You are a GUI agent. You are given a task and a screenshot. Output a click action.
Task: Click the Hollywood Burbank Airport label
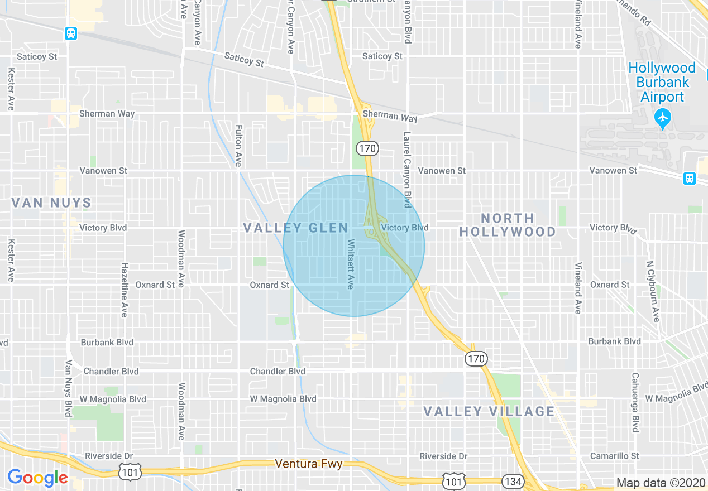click(x=662, y=82)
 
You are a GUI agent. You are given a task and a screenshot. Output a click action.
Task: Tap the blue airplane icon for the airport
click(x=663, y=118)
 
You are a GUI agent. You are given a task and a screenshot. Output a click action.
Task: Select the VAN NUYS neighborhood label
click(x=51, y=203)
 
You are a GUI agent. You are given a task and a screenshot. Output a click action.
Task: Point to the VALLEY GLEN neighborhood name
click(x=296, y=228)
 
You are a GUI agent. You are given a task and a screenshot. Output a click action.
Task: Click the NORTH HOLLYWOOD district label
click(x=507, y=225)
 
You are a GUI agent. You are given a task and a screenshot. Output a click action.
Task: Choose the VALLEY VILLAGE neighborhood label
click(x=489, y=412)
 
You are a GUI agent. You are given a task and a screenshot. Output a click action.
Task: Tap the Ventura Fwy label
click(x=308, y=464)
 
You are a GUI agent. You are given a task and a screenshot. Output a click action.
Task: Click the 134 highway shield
click(x=511, y=480)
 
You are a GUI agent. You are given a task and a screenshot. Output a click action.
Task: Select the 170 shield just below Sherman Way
click(x=367, y=148)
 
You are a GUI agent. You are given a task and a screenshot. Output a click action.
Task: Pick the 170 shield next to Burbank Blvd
click(x=476, y=358)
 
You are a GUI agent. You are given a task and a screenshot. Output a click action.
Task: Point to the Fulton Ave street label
click(x=238, y=145)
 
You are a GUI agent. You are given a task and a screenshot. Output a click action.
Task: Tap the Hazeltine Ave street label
click(x=125, y=290)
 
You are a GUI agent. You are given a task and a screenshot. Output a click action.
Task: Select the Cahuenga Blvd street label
click(x=635, y=402)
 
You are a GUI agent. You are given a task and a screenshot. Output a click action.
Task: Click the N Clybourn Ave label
click(x=650, y=291)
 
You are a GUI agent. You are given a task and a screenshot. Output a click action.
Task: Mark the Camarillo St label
click(x=615, y=456)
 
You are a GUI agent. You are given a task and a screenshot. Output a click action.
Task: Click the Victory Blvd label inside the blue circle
click(x=404, y=228)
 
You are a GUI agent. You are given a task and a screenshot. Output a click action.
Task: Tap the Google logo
click(x=38, y=478)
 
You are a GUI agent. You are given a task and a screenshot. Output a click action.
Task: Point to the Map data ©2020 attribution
click(x=661, y=483)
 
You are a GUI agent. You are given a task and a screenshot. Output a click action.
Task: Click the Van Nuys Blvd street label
click(x=68, y=388)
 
